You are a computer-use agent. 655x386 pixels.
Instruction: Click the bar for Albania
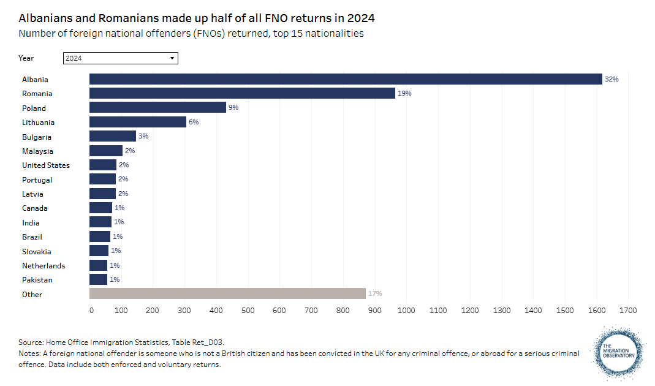pos(346,79)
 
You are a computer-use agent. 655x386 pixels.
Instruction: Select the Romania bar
pos(242,93)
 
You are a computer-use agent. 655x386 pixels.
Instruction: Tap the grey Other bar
pos(227,294)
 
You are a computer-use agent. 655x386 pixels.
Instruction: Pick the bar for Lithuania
pos(138,122)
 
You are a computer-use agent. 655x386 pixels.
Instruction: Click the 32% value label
pos(611,79)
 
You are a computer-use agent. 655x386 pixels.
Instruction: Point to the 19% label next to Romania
pos(404,94)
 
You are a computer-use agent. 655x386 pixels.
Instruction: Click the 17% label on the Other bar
pos(375,294)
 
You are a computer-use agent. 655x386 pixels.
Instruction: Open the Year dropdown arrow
pos(172,58)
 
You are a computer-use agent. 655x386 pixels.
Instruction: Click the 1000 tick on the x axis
pos(406,311)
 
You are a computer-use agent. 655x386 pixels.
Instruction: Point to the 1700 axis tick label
pos(628,311)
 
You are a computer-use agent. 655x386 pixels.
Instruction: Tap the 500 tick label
pos(248,311)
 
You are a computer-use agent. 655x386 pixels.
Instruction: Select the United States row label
pos(46,165)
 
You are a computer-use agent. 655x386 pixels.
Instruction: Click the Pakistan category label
pos(37,280)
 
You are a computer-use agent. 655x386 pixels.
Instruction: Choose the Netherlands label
pos(44,266)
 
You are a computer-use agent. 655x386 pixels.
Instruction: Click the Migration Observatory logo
pos(619,354)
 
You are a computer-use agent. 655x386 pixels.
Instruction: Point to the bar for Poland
pos(157,108)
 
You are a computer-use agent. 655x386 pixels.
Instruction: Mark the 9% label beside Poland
pos(233,108)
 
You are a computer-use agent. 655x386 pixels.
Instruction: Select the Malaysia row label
pos(37,151)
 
